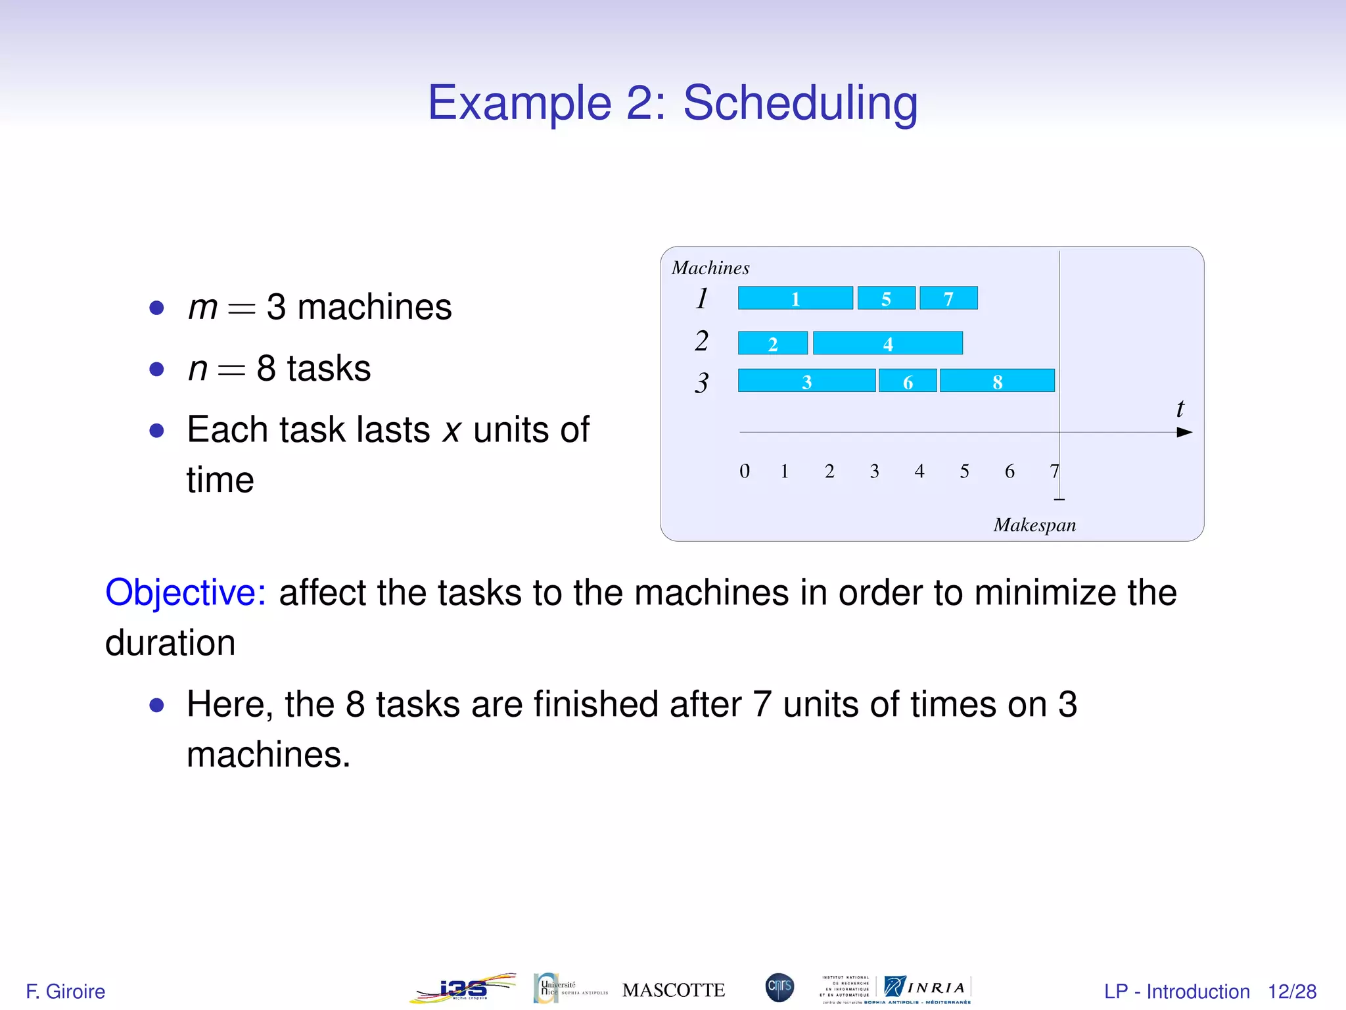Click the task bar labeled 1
pos(795,298)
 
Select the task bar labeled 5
pos(886,298)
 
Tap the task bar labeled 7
pos(948,298)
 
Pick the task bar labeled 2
pos(773,343)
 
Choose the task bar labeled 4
pos(888,343)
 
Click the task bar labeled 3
pos(807,381)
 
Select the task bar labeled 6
pos(908,381)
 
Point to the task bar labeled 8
pos(997,381)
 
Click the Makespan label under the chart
pos(1034,525)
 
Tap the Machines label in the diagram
pos(710,268)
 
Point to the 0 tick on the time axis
pos(744,471)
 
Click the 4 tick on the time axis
pos(919,471)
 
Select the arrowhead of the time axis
pos(1184,432)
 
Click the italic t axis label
pos(1180,408)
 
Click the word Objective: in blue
pos(186,592)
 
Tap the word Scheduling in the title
pos(800,103)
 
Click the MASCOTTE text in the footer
pos(674,990)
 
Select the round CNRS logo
pos(779,987)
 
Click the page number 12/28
pos(1291,992)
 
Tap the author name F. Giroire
pos(65,992)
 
